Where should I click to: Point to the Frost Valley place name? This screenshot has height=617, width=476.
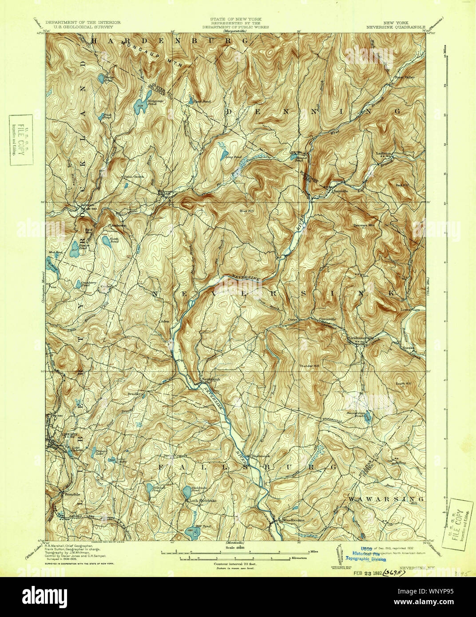(x=405, y=77)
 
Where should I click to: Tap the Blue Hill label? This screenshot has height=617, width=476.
(x=247, y=210)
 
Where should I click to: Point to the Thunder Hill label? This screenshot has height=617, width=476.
(x=309, y=365)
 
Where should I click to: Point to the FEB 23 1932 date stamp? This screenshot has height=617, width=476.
(x=367, y=573)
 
